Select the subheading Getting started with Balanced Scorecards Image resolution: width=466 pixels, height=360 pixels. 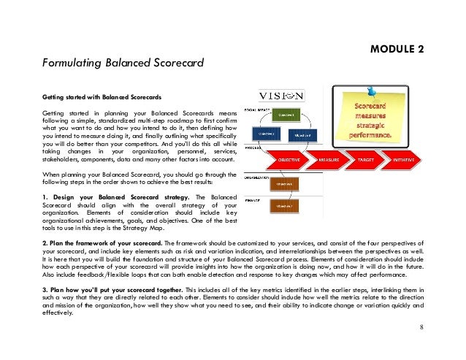coord(102,97)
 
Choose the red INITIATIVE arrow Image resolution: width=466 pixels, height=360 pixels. coord(403,158)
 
